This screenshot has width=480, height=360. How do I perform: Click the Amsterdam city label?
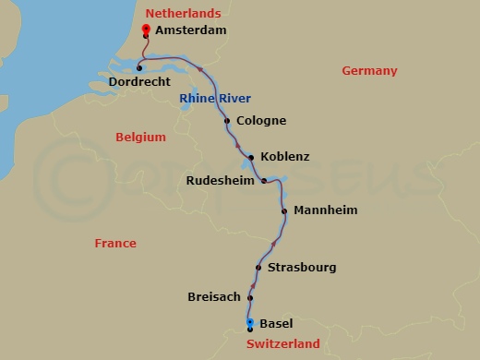[190, 30]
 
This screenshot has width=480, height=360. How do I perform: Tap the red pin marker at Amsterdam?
[146, 30]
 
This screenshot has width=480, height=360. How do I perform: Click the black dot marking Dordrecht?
[138, 67]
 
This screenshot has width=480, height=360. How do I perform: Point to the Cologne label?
[261, 121]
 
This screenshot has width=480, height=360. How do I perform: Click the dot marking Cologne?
[227, 121]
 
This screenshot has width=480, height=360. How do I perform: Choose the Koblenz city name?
[285, 157]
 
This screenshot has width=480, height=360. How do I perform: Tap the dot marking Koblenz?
[251, 158]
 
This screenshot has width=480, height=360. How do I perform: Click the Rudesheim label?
[220, 181]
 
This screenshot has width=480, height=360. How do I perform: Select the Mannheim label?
[325, 210]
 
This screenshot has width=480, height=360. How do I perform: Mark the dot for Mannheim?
[284, 210]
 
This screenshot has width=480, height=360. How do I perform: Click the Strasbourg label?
[301, 268]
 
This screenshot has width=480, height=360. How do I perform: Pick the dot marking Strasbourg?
[258, 268]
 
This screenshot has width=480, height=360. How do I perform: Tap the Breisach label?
[213, 297]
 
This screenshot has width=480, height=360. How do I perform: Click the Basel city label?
[276, 324]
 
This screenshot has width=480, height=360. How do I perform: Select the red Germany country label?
[369, 71]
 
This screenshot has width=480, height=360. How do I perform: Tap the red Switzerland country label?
[282, 344]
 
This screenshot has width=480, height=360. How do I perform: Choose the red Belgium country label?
[140, 138]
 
